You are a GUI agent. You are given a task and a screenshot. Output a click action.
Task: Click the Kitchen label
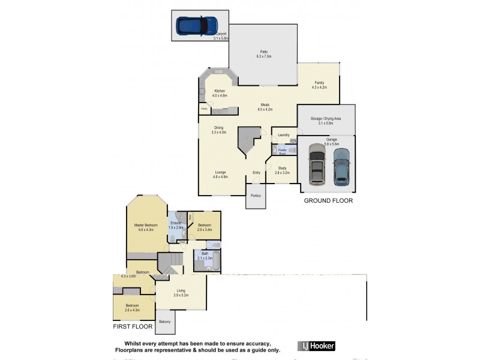point(220,91)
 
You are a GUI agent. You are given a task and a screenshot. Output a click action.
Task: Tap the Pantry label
point(204,109)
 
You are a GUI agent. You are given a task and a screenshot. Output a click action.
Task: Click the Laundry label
point(284,135)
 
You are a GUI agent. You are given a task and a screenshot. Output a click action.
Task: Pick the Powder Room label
point(279,152)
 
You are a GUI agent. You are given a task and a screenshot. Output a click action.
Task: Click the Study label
point(282,169)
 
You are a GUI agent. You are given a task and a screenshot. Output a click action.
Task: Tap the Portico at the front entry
point(256,195)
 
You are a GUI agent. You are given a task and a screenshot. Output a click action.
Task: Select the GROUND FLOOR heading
point(328,201)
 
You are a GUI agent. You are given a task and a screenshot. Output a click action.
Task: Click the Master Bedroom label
point(146,225)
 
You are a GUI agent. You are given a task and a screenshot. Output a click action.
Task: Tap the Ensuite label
point(175,223)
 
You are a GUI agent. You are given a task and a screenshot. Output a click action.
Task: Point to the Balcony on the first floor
point(165,322)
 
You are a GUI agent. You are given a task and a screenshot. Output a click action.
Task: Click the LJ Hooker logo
point(316,346)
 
